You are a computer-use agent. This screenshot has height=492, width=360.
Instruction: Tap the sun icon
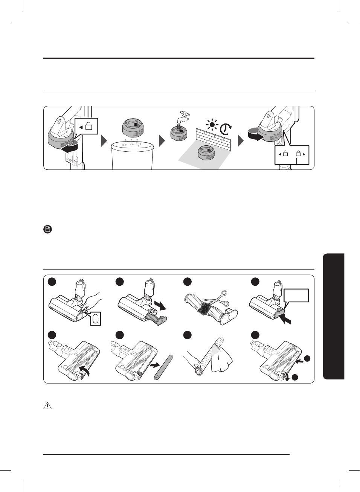coord(212,125)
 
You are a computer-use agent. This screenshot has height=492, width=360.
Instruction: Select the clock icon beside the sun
coord(226,129)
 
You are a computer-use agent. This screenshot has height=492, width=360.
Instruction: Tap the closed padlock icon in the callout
coord(299,154)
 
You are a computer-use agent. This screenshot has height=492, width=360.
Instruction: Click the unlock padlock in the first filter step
coord(89,126)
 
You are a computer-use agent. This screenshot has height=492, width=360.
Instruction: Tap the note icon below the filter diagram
coord(47,229)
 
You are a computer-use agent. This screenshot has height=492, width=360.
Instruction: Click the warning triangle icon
coord(47,406)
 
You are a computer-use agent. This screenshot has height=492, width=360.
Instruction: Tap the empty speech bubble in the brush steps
coord(296,296)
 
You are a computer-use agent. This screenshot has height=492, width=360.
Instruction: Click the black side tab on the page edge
coord(334,316)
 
